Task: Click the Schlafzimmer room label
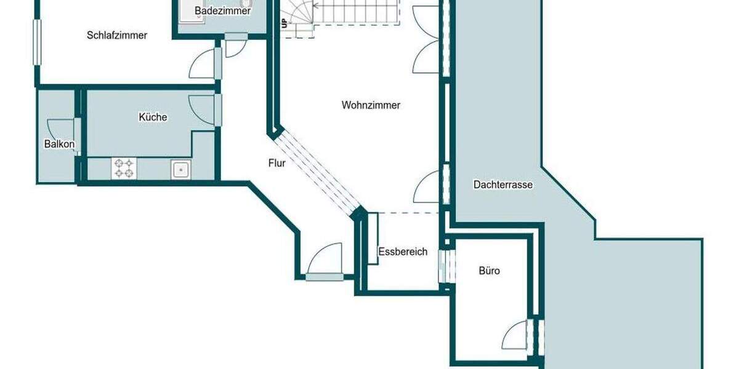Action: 117,36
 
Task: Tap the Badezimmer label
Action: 222,11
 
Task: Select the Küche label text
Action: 153,117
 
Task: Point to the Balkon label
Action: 59,145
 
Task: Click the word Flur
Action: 277,163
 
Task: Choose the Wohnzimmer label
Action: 371,105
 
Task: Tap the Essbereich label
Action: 403,252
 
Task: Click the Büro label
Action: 489,271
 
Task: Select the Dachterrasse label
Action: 503,184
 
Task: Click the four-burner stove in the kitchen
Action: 124,169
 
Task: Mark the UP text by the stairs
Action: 284,24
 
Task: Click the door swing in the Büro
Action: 516,337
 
